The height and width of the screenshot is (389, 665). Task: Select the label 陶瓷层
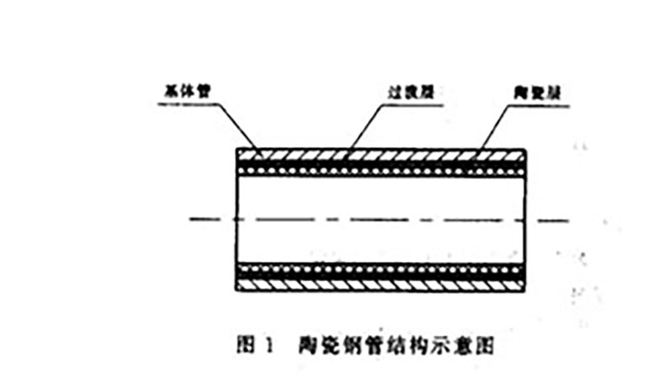pyautogui.click(x=530, y=90)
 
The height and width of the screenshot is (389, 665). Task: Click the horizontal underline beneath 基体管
pyautogui.click(x=194, y=103)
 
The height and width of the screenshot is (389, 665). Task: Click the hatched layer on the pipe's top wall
pyautogui.click(x=379, y=156)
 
